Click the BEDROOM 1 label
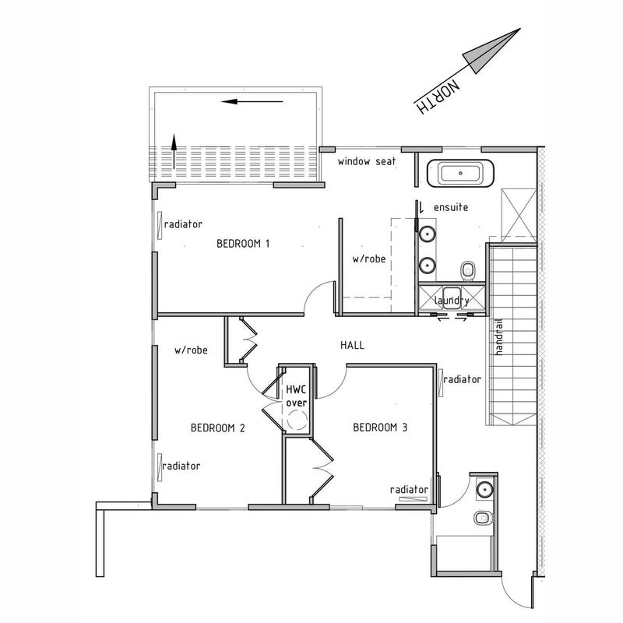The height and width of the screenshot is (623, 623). [243, 243]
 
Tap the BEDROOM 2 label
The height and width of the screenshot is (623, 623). [218, 428]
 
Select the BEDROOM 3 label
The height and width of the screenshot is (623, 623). [380, 428]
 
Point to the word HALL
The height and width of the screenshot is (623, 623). [353, 345]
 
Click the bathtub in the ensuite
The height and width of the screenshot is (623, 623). [460, 173]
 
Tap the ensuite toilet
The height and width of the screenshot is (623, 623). [468, 271]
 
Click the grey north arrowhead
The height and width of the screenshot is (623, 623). [491, 51]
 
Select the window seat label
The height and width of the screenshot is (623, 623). [367, 161]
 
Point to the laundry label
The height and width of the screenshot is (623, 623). [452, 301]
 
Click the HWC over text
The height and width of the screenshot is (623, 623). [297, 396]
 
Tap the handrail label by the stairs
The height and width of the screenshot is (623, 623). [499, 337]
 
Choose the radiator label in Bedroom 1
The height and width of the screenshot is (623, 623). [183, 224]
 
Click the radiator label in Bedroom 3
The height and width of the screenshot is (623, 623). [410, 490]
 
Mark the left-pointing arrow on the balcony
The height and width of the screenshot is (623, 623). [252, 102]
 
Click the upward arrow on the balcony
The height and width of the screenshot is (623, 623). [174, 151]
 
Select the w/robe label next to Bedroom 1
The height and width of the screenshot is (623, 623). [369, 259]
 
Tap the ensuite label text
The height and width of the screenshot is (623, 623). [451, 207]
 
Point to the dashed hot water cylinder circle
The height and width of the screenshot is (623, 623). [297, 420]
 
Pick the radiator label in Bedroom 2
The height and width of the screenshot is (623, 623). [181, 466]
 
